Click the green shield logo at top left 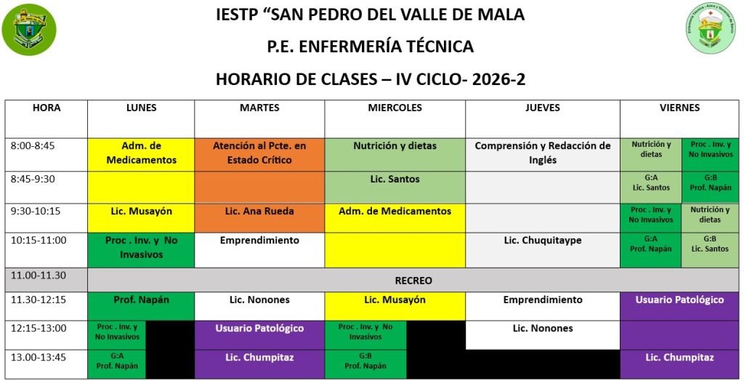click(x=29, y=30)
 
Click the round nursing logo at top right click(x=711, y=28)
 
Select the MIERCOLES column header click(x=395, y=108)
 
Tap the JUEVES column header click(x=542, y=108)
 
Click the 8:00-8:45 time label click(x=33, y=146)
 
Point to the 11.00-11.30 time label click(x=39, y=275)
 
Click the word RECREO click(x=413, y=281)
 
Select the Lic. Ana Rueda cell click(x=259, y=212)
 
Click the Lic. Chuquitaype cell click(x=542, y=241)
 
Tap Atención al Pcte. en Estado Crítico click(x=259, y=153)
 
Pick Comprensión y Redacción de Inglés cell click(x=542, y=153)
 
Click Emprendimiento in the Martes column click(x=259, y=241)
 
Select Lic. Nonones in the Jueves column click(x=542, y=328)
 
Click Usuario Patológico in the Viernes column click(x=679, y=300)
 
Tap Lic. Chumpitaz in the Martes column click(x=259, y=357)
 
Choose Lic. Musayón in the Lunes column click(x=141, y=212)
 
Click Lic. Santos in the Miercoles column click(x=395, y=179)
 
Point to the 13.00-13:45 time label click(x=39, y=357)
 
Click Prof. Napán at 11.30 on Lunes click(x=141, y=300)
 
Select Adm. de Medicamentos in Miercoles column click(x=395, y=212)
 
